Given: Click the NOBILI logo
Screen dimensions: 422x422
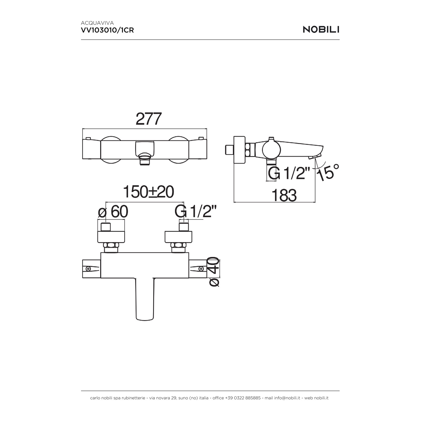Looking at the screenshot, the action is click(321, 30).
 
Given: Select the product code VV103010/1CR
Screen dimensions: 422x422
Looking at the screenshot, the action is click(107, 30).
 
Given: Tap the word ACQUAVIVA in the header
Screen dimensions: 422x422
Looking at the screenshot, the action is click(97, 23).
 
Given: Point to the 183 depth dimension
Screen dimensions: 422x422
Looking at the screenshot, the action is click(284, 195).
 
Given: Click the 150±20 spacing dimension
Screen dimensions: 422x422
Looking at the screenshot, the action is click(149, 192).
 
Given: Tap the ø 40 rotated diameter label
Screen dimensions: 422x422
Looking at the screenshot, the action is click(214, 272).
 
